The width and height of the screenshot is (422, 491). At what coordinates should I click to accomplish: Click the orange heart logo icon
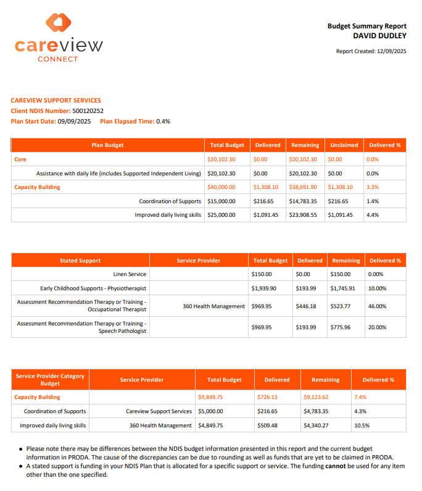[59, 23]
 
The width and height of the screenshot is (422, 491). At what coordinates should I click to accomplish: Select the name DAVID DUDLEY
[379, 36]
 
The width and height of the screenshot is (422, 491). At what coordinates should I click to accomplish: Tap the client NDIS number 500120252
[88, 111]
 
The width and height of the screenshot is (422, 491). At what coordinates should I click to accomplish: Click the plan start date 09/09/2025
[74, 121]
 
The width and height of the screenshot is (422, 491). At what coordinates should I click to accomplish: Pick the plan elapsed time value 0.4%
[163, 121]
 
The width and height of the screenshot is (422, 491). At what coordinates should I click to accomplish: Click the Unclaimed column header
[344, 145]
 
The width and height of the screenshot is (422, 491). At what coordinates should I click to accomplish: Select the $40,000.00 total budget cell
[221, 187]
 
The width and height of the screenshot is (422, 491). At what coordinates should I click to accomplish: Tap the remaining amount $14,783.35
[303, 201]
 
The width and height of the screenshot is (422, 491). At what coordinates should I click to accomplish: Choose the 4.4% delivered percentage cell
[373, 215]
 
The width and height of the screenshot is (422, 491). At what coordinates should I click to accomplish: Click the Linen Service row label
[130, 274]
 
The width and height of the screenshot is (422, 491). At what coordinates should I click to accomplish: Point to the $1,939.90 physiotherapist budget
[264, 288]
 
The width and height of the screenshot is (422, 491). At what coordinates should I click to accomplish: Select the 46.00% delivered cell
[377, 306]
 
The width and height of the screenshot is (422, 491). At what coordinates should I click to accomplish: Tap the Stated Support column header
[80, 261]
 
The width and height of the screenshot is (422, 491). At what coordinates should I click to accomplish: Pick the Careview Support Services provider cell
[159, 411]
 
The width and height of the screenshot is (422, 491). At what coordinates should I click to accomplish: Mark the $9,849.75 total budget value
[210, 397]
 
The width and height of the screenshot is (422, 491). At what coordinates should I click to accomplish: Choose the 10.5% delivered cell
[362, 426]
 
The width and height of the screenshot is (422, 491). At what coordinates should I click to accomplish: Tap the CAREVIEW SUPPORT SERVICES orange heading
[56, 100]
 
